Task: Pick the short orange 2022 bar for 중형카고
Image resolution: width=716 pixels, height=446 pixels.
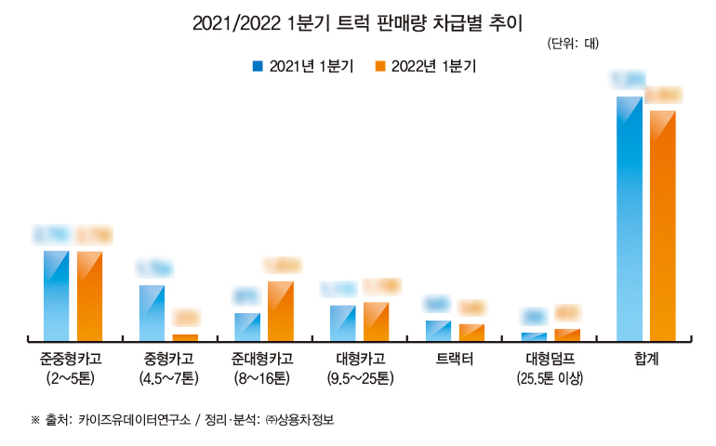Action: coord(185,337)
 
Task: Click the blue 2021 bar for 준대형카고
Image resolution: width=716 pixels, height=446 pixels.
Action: coord(247,326)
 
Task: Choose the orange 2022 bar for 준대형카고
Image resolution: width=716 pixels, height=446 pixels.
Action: coord(281,310)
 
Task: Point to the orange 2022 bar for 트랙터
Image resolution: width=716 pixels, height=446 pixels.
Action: coord(471,332)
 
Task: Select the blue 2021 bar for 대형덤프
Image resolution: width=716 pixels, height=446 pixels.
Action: coord(534,336)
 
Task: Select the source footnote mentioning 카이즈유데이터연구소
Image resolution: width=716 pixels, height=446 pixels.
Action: coord(182,420)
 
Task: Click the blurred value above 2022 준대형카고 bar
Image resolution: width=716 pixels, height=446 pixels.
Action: coord(282,266)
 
